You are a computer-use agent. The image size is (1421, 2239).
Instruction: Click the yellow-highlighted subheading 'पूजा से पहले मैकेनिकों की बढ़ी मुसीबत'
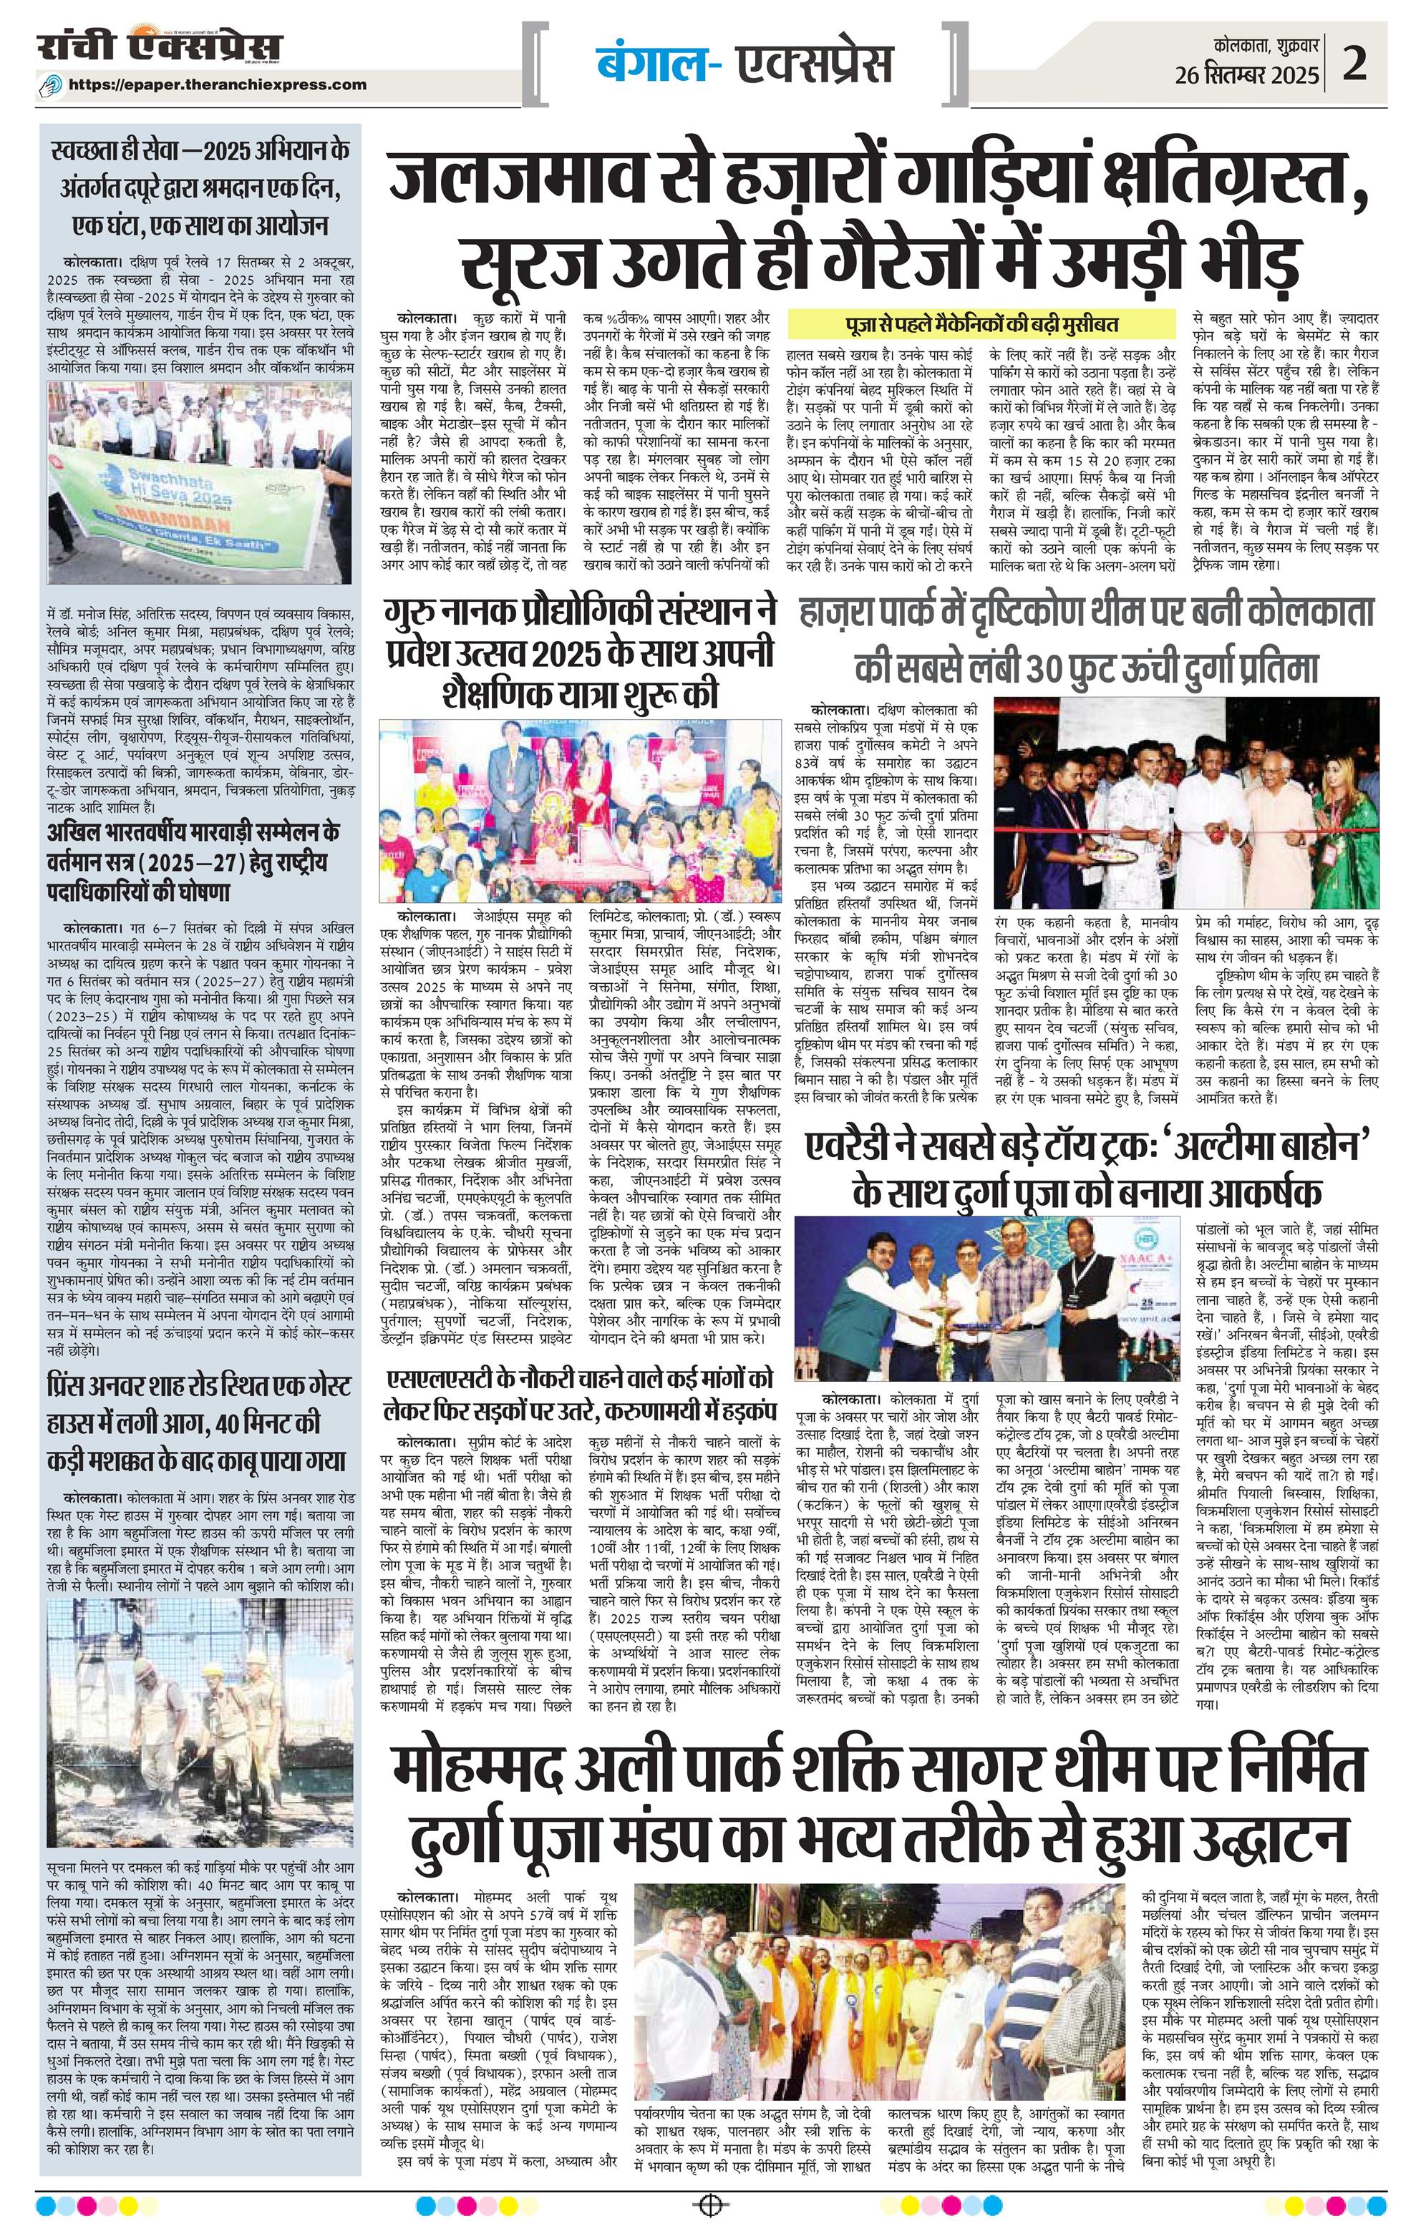pyautogui.click(x=976, y=324)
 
